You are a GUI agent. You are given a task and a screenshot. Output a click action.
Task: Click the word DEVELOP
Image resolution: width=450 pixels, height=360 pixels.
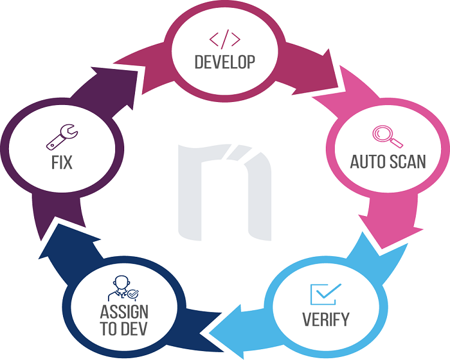click(x=224, y=61)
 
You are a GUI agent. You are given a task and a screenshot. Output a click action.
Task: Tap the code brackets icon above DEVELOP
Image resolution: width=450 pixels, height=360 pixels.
click(x=224, y=40)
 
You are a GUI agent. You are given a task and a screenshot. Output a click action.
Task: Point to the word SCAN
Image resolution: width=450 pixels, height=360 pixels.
click(x=407, y=161)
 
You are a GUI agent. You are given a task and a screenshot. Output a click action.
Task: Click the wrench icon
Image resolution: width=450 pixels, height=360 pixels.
click(x=62, y=137)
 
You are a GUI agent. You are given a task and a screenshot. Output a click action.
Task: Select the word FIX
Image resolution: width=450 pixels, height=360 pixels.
click(x=61, y=162)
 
